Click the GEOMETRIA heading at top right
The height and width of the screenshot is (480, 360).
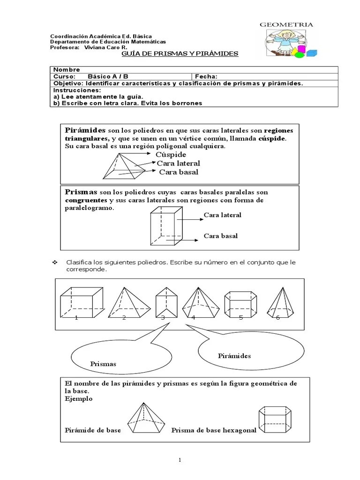pyautogui.click(x=286, y=24)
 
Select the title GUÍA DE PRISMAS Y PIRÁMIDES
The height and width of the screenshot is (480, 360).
pyautogui.click(x=180, y=54)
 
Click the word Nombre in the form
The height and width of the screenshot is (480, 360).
pyautogui.click(x=67, y=70)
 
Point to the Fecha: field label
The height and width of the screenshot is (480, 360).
pyautogui.click(x=206, y=76)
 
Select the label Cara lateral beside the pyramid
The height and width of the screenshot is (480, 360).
pyautogui.click(x=178, y=163)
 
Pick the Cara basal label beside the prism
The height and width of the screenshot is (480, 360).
pyautogui.click(x=220, y=236)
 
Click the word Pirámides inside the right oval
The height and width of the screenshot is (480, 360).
pyautogui.click(x=234, y=356)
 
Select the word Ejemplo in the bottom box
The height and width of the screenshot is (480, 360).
pyautogui.click(x=78, y=398)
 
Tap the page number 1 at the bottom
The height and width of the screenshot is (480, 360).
pyautogui.click(x=180, y=460)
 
